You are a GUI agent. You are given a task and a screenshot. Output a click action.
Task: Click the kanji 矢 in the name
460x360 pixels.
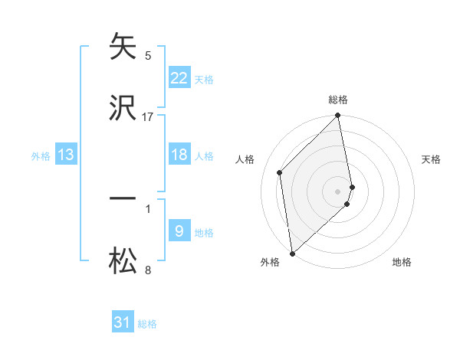[123, 47]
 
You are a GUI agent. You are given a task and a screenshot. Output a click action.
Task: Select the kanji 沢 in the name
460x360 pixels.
[123, 107]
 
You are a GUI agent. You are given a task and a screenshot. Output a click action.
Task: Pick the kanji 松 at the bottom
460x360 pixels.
[123, 260]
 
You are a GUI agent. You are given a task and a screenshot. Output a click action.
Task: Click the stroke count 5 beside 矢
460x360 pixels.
[148, 56]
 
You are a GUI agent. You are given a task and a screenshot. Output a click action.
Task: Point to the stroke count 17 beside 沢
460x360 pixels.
[148, 116]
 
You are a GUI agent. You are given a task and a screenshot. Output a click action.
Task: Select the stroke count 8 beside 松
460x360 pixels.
[148, 270]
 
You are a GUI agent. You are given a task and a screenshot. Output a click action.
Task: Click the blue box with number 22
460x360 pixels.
[179, 77]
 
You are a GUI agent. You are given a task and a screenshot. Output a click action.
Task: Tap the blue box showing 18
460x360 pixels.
[179, 155]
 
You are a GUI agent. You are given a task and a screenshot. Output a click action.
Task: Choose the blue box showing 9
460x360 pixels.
[179, 231]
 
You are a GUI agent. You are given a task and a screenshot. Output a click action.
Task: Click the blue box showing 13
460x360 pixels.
[66, 155]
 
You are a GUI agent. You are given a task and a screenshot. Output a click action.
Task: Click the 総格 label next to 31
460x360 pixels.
[147, 324]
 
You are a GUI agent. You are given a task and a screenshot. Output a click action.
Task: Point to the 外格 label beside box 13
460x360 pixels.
[41, 156]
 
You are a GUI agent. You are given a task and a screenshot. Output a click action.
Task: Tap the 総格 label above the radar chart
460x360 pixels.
[338, 100]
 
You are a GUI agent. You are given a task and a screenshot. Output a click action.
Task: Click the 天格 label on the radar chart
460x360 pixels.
[432, 159]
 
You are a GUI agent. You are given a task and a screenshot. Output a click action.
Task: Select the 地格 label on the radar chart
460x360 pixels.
[402, 262]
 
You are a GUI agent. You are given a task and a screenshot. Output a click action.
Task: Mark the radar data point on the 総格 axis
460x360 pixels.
[338, 116]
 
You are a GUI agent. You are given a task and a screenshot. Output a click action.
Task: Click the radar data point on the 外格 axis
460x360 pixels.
[292, 253]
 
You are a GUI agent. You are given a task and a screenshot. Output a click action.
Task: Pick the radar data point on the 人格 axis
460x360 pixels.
[280, 172]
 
